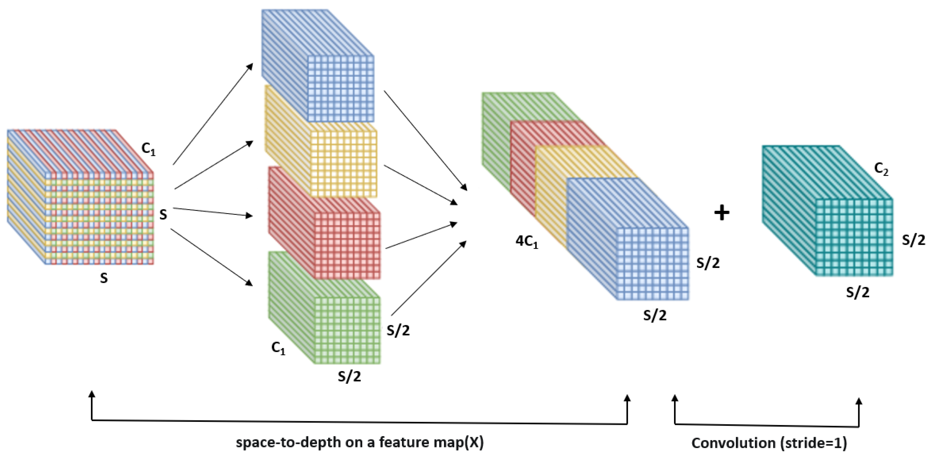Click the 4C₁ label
[x=527, y=242]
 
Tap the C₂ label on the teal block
[x=881, y=169]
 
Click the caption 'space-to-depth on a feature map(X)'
[x=360, y=442]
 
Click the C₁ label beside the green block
[x=278, y=348]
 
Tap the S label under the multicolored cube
[x=104, y=278]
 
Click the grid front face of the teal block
[x=854, y=237]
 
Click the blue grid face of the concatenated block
[x=652, y=264]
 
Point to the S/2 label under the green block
[x=349, y=377]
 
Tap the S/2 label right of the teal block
[x=913, y=240]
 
